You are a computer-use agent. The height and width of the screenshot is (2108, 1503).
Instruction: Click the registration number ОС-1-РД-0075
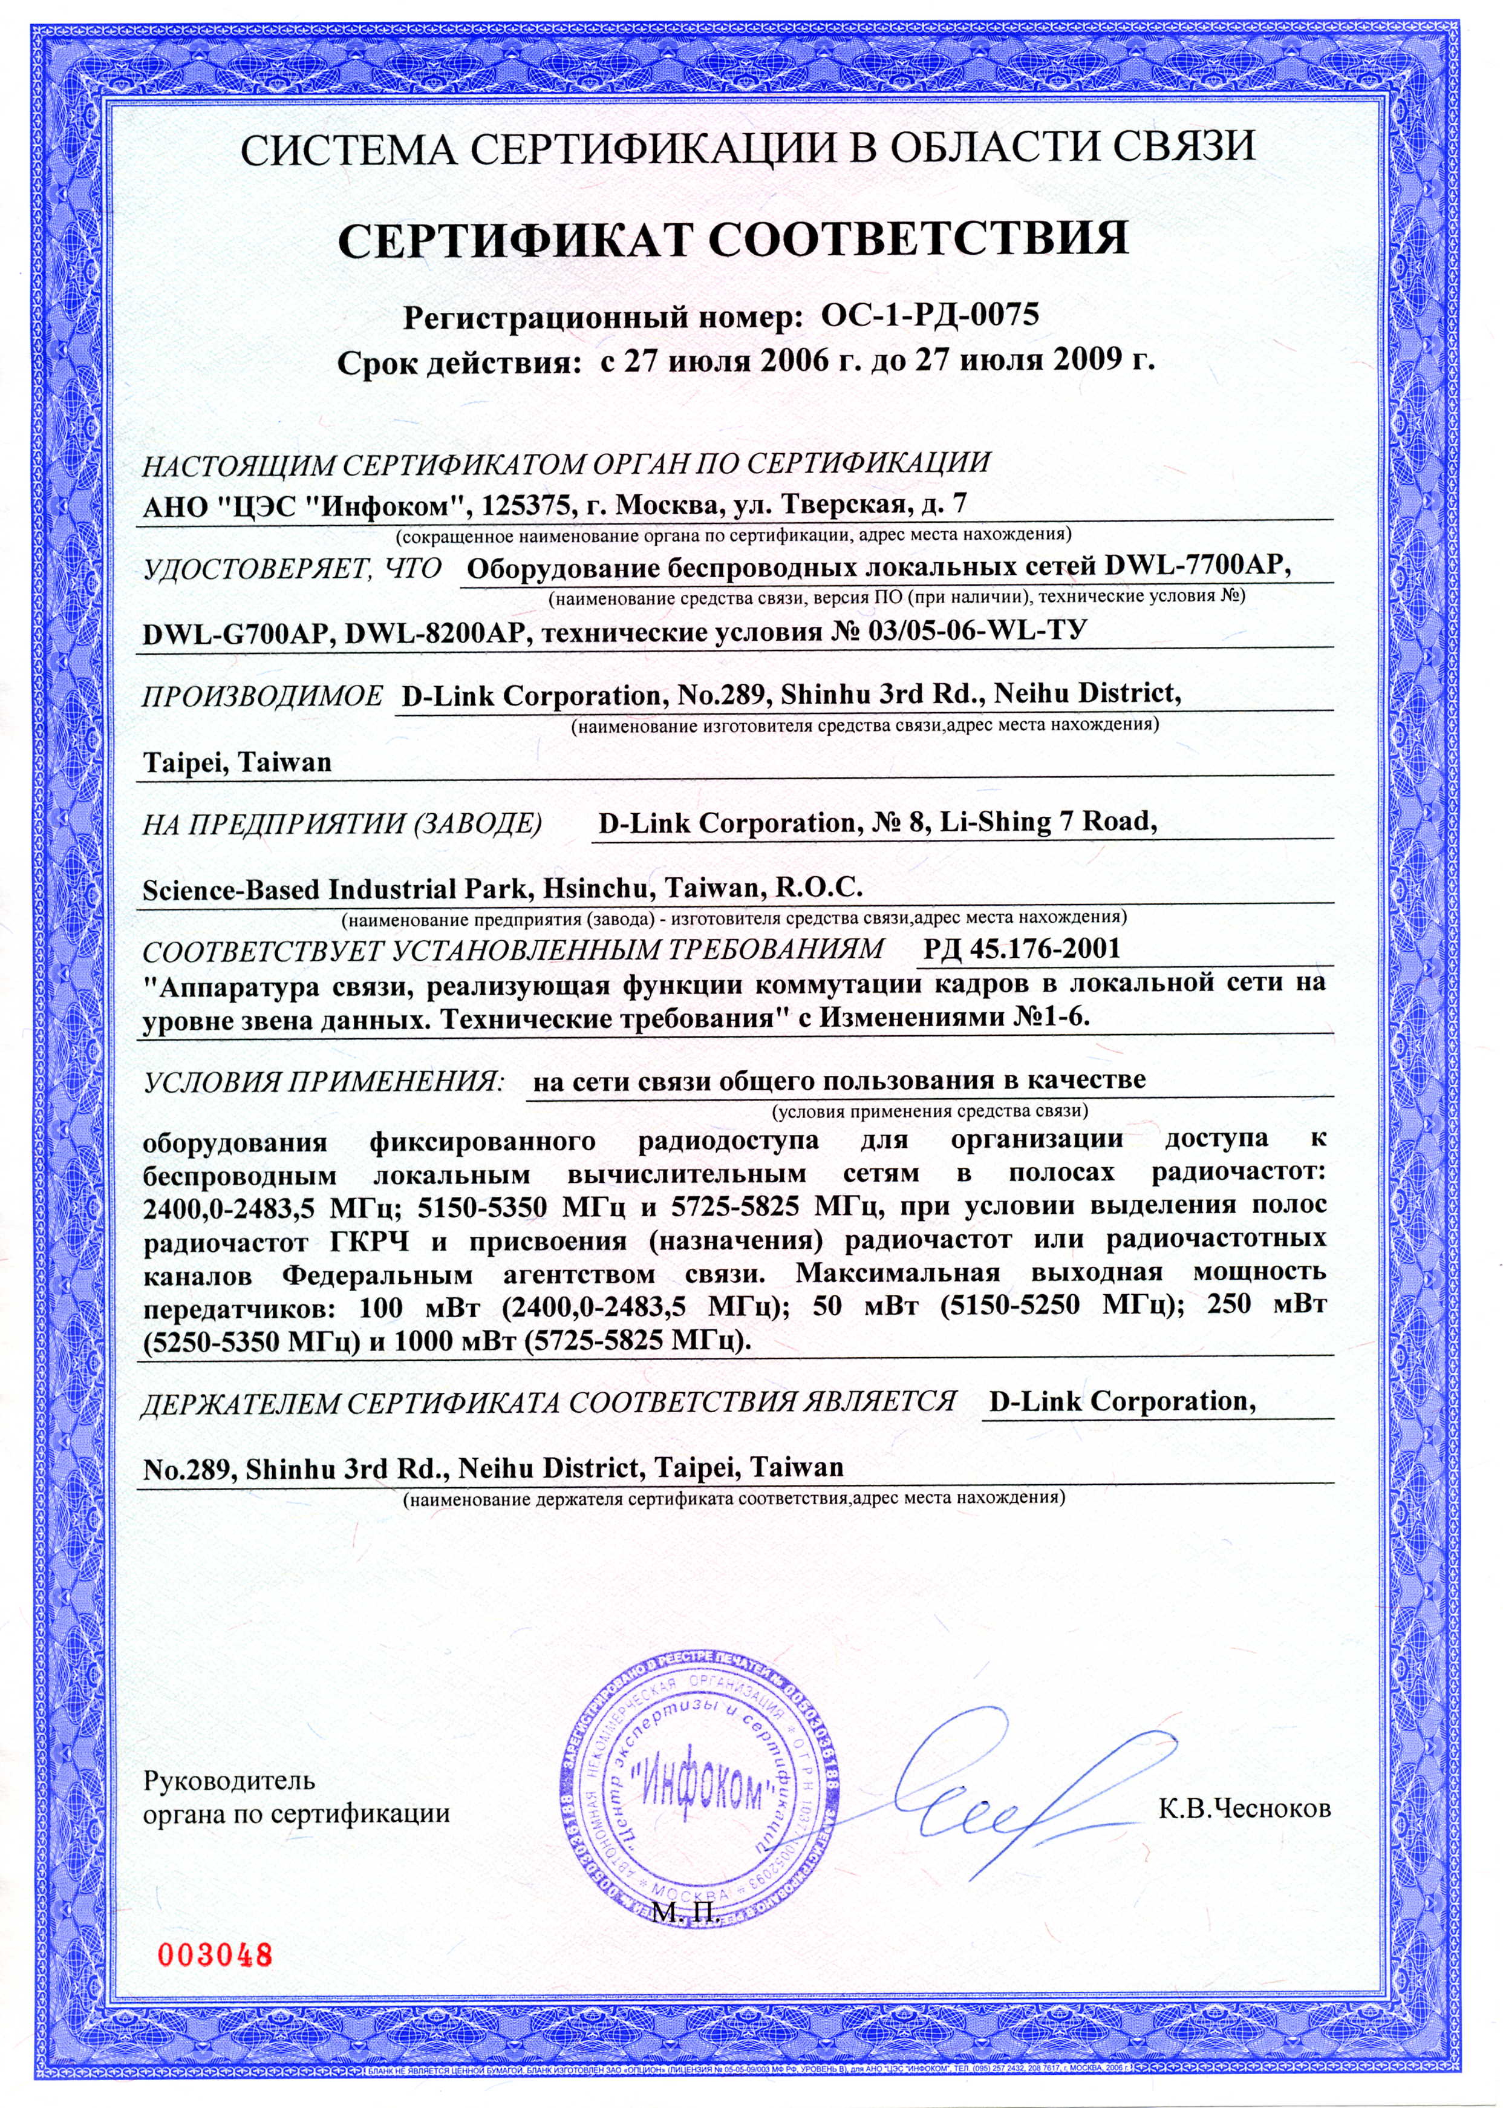pyautogui.click(x=930, y=316)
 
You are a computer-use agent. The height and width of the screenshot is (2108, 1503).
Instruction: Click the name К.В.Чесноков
pyautogui.click(x=1245, y=1808)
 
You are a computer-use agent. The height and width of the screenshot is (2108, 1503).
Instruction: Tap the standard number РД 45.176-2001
pyautogui.click(x=1022, y=949)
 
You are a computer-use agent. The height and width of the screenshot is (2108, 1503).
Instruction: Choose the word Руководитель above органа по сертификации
pyautogui.click(x=229, y=1780)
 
